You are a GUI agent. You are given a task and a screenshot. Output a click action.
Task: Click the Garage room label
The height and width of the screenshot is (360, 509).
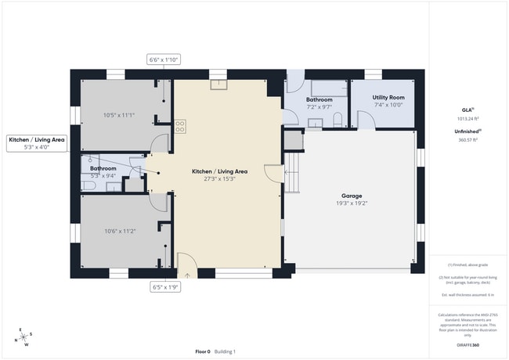[351, 196]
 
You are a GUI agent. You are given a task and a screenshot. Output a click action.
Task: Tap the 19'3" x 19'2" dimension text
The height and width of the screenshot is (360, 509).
[351, 203]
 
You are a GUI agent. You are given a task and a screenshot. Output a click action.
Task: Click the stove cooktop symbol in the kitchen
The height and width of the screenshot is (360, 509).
[180, 124]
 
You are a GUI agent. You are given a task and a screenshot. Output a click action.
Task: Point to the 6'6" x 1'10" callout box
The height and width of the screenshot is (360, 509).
[164, 59]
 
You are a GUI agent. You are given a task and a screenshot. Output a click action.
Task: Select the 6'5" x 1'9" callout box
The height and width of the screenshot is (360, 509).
[165, 287]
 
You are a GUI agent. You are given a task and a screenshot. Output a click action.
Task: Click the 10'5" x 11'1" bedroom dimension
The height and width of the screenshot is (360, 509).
[119, 116]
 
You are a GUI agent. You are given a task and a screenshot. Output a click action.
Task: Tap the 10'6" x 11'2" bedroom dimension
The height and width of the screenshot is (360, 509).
[119, 231]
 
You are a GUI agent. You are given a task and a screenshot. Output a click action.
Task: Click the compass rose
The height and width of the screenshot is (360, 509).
[24, 337]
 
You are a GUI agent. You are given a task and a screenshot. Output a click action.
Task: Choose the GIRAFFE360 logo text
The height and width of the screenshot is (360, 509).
[470, 344]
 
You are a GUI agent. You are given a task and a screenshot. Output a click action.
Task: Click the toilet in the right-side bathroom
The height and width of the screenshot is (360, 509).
[337, 120]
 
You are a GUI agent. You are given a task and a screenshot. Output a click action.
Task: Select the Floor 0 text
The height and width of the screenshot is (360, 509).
[203, 351]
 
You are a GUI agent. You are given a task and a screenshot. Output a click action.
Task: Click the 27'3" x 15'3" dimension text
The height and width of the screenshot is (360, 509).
[220, 178]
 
